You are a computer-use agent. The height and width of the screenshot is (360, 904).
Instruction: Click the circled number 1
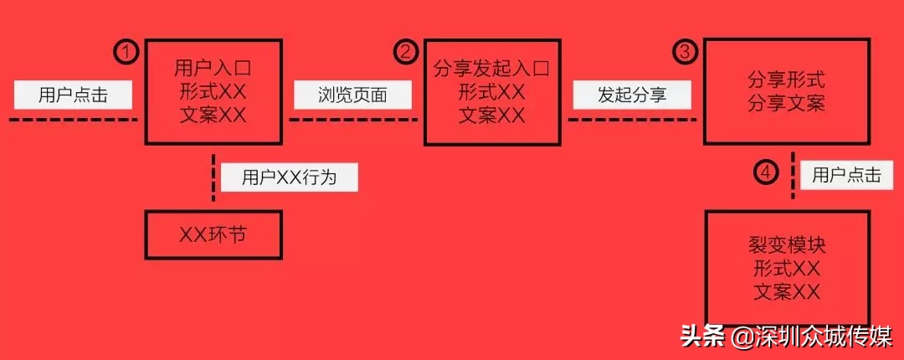click(x=126, y=52)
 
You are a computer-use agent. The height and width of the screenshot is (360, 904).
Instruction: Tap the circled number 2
click(x=406, y=52)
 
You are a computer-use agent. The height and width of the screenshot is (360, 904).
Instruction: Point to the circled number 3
click(x=685, y=52)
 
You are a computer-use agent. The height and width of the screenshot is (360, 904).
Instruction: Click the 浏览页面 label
click(x=353, y=95)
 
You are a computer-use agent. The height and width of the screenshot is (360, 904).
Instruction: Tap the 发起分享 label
click(x=632, y=95)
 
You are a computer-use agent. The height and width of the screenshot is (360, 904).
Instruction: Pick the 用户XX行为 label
click(x=290, y=177)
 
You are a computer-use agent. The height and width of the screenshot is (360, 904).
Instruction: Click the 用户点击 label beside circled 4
click(x=847, y=175)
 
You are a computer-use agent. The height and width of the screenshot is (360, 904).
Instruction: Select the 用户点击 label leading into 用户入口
click(x=73, y=95)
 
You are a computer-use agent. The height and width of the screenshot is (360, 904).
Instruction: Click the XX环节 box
click(x=213, y=234)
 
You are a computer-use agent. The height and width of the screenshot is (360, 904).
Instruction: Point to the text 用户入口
click(x=213, y=69)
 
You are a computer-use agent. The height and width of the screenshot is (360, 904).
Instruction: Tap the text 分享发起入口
click(x=492, y=69)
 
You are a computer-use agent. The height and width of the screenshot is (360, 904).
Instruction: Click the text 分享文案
click(x=786, y=103)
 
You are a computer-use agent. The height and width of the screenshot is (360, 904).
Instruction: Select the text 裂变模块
click(x=786, y=246)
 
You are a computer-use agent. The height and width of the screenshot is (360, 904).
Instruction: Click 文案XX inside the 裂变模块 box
click(x=786, y=292)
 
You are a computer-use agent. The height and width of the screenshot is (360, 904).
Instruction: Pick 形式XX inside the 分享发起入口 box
click(x=492, y=92)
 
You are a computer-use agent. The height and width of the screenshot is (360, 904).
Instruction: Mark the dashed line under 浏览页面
click(x=353, y=120)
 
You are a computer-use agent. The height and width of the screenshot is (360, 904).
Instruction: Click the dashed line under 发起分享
click(x=632, y=120)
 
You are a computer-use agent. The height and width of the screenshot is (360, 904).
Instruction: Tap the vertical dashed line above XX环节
click(x=213, y=177)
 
